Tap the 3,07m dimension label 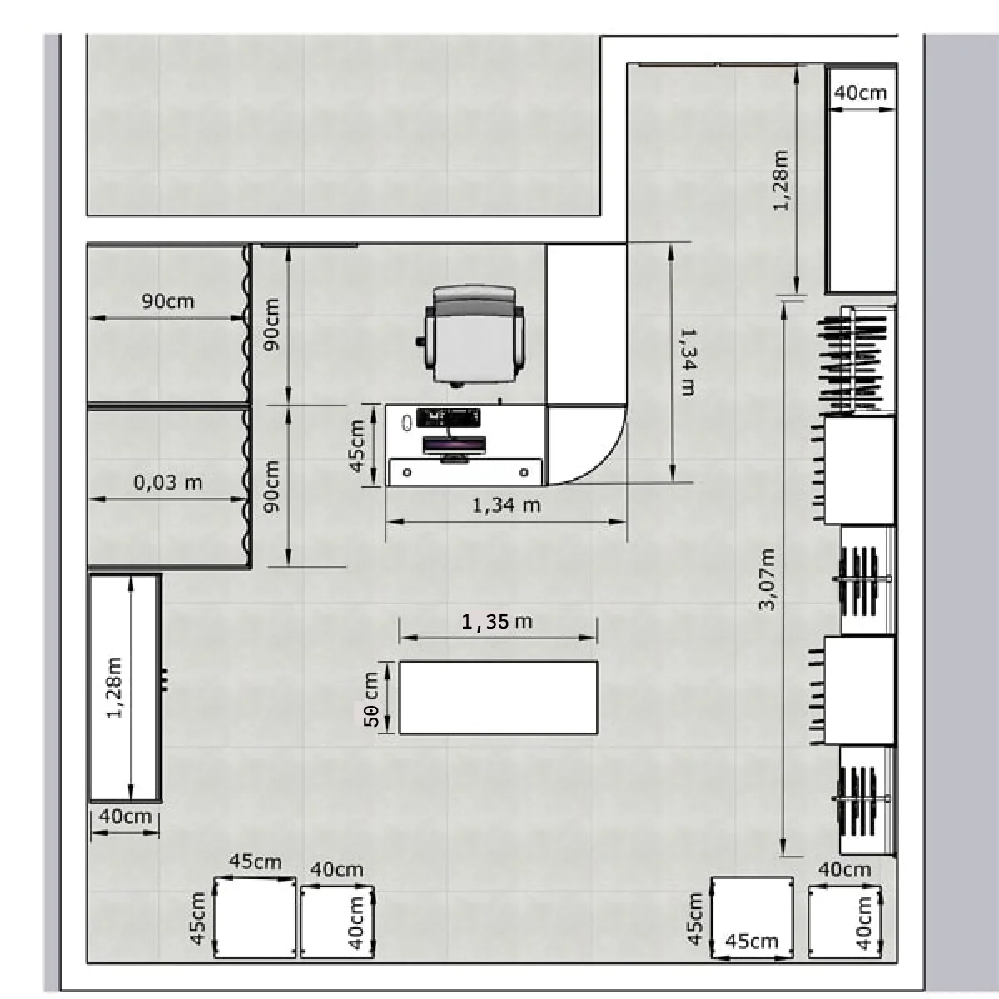[768, 579]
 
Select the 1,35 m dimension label [497, 621]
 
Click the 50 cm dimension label [371, 698]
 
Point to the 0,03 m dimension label [168, 482]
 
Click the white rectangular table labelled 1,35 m [498, 698]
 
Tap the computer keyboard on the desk [449, 415]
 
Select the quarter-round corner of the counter [588, 445]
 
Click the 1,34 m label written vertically [688, 362]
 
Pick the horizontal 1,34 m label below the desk [506, 505]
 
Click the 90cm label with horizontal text [167, 301]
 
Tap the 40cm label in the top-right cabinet [861, 92]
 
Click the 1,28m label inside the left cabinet [113, 688]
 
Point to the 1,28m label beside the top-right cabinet [781, 181]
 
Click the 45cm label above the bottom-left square [256, 862]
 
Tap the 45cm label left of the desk [356, 446]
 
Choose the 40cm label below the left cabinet [125, 816]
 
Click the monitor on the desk [455, 445]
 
